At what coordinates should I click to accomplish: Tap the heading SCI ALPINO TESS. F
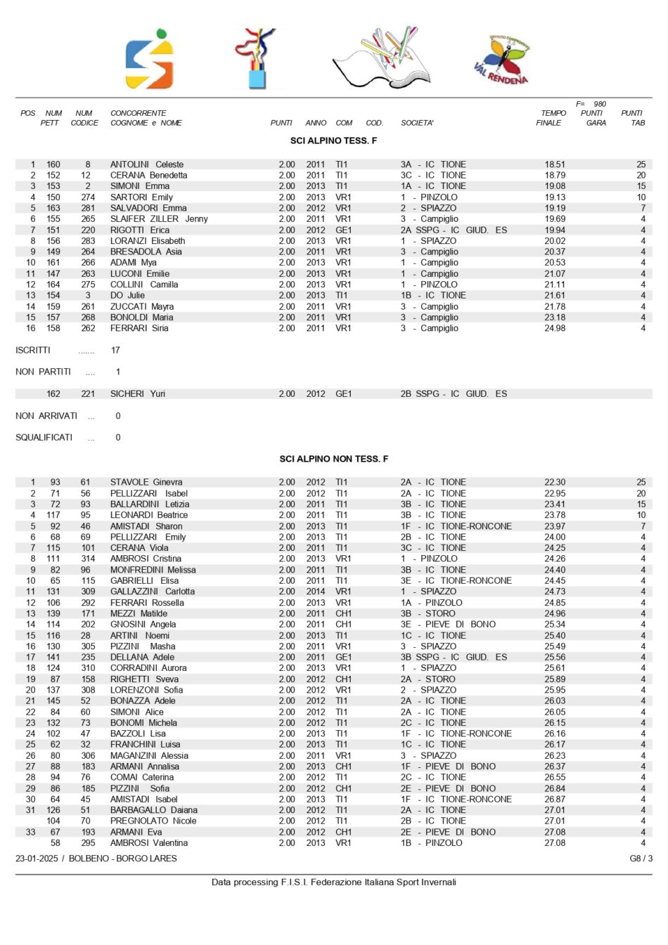pos(333,141)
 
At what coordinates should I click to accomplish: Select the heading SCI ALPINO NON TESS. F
pos(333,459)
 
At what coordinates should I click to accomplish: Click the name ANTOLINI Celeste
pos(146,164)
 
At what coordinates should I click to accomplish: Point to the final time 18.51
pos(555,164)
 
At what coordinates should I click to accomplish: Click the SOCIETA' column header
pos(417,123)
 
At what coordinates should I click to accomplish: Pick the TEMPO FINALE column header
pos(551,118)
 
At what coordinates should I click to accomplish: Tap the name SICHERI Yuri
pos(137,394)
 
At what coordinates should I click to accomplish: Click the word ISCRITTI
pos(33,350)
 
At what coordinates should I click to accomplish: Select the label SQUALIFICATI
pos(44,438)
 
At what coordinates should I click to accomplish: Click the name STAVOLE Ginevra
pos(146,483)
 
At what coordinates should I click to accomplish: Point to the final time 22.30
pos(555,483)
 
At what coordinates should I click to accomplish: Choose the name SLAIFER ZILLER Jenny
pos(159,219)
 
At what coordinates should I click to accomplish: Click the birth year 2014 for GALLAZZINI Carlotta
pos(316,592)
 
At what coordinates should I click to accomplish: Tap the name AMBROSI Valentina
pos(148,843)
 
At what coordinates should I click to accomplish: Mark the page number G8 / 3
pos(641,859)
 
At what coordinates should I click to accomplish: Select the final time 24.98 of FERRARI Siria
pos(555,328)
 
